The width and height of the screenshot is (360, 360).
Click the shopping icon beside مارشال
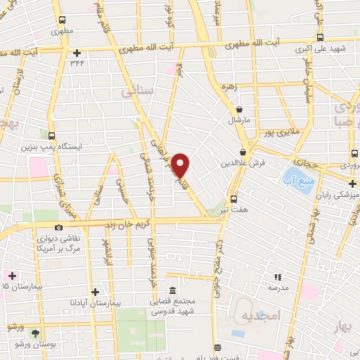click(x=240, y=110)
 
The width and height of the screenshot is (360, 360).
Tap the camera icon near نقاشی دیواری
click(x=58, y=227)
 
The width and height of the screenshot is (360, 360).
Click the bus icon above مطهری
click(x=62, y=20)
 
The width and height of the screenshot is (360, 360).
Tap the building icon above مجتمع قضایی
click(x=172, y=290)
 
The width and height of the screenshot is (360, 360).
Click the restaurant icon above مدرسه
click(x=278, y=276)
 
